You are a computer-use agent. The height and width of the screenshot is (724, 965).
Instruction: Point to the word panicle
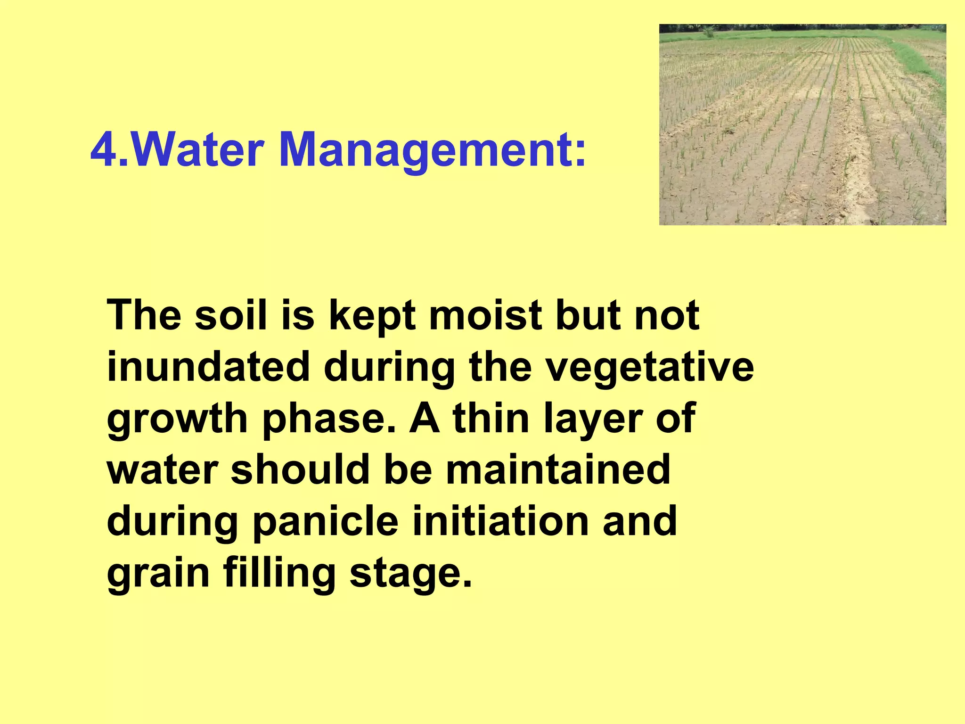(326, 522)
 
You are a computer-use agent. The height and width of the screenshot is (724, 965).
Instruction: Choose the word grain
(158, 574)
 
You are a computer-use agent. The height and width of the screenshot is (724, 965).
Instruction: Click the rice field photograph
(802, 124)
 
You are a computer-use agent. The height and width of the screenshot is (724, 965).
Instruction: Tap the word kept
(372, 316)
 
